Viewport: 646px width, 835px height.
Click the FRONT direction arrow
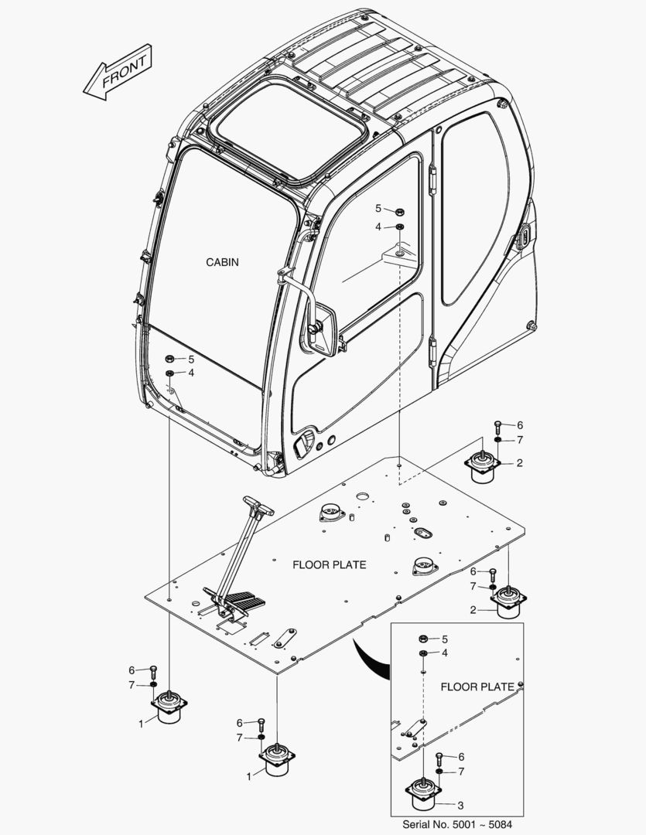pyautogui.click(x=117, y=72)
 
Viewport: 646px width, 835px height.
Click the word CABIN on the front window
pyautogui.click(x=222, y=262)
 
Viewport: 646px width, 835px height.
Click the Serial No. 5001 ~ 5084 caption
pyautogui.click(x=457, y=824)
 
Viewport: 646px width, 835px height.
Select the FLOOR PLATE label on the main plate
pyautogui.click(x=329, y=564)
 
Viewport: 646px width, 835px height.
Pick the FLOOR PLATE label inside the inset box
pyautogui.click(x=477, y=686)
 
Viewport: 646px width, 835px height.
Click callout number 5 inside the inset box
pyautogui.click(x=444, y=639)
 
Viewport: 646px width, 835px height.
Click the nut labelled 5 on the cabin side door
pyautogui.click(x=399, y=210)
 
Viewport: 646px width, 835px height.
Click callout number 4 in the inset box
pyautogui.click(x=444, y=653)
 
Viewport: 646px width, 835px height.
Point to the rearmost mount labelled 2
pyautogui.click(x=484, y=465)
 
